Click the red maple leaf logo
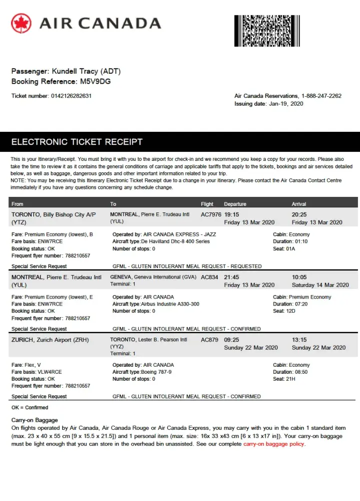21,23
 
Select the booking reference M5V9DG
93,81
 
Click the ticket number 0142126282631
71,96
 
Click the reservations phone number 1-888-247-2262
321,96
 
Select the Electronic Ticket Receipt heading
77,142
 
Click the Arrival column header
299,204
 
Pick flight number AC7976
211,214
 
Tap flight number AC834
209,277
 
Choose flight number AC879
209,340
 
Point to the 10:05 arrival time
299,277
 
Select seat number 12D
290,311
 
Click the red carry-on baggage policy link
273,444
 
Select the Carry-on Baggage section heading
35,420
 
